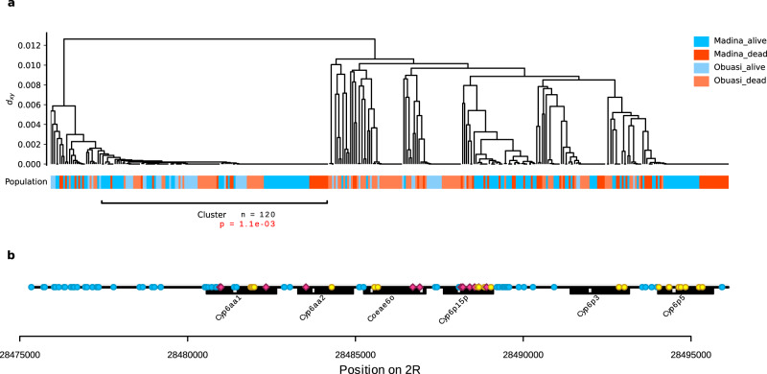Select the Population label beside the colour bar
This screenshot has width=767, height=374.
point(26,182)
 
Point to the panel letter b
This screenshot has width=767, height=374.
point(10,255)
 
